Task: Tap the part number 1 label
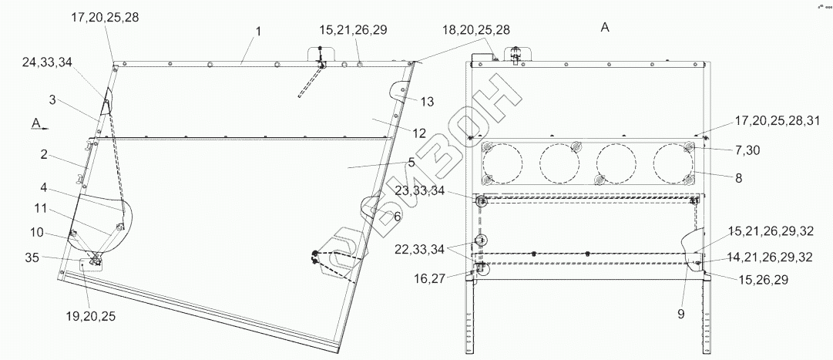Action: click(x=258, y=32)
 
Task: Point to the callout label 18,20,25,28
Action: click(x=475, y=30)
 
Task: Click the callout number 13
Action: click(x=427, y=102)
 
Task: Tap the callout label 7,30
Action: click(x=747, y=151)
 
